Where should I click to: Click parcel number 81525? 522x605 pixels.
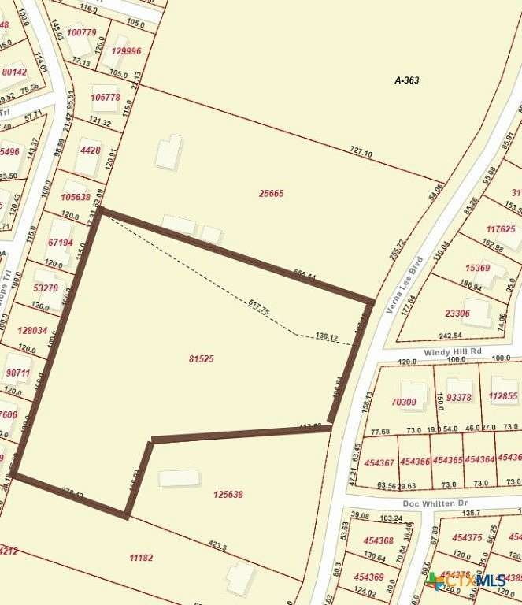(x=202, y=359)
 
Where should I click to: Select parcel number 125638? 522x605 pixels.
(x=228, y=495)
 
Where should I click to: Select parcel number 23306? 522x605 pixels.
(x=457, y=313)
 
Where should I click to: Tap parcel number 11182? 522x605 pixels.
(x=141, y=558)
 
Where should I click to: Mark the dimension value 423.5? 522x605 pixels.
(x=218, y=546)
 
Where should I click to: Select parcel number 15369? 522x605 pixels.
(x=477, y=268)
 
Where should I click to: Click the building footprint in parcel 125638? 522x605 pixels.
(x=179, y=478)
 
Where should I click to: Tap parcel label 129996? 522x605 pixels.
(x=126, y=51)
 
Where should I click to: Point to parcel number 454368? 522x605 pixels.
(x=379, y=541)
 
